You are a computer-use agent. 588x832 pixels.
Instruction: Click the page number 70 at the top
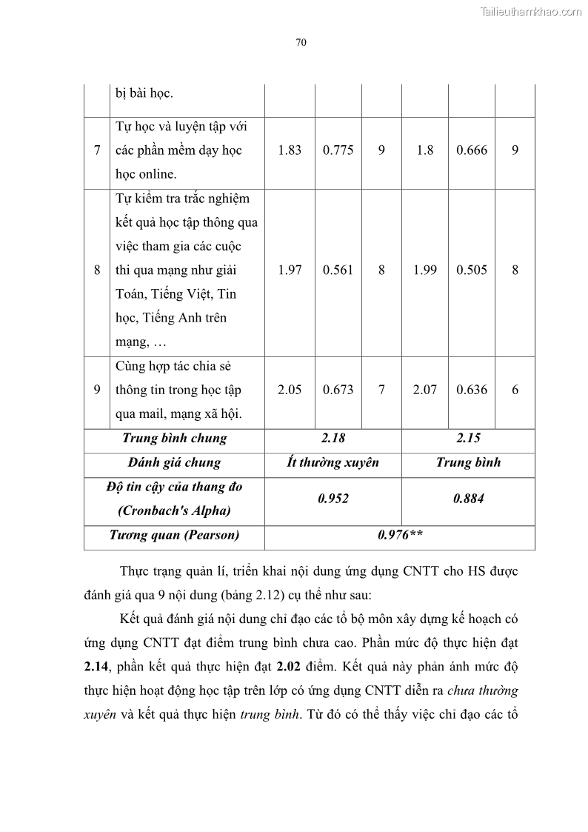[301, 42]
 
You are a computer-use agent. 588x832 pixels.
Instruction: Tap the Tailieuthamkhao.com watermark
[531, 11]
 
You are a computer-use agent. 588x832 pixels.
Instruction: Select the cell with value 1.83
[290, 150]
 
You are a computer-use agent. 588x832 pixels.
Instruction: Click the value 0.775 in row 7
[338, 150]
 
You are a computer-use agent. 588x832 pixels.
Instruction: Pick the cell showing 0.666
[472, 150]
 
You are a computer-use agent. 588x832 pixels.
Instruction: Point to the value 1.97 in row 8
[290, 270]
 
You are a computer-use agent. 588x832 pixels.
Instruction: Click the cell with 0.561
[338, 270]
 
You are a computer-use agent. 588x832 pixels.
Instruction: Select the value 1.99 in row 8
[425, 270]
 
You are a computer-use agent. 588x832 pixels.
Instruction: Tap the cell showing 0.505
[472, 270]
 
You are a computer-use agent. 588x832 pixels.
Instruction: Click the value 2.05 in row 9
[290, 390]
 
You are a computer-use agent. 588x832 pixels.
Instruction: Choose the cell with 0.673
[338, 390]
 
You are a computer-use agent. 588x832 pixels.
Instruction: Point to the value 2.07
[425, 390]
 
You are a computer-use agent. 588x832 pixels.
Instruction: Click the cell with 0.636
[472, 390]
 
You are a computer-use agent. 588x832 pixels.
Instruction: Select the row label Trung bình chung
[174, 438]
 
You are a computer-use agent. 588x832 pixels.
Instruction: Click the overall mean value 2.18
[333, 438]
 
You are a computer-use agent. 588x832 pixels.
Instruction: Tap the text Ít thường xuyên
[333, 462]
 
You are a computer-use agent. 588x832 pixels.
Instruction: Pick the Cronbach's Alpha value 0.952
[333, 499]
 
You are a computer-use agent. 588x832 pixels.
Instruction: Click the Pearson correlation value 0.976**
[400, 535]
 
